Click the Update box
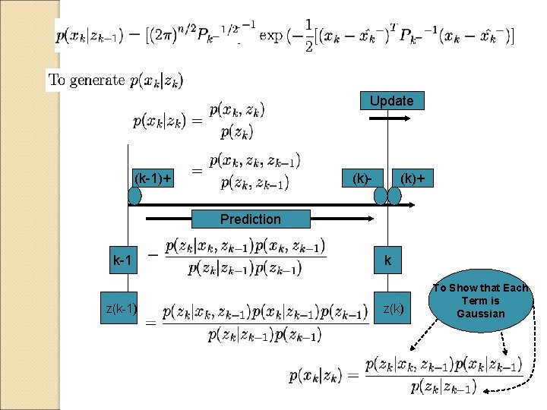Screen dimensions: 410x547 (391, 101)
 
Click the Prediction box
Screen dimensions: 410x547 (250, 219)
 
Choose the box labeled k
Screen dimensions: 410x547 (387, 261)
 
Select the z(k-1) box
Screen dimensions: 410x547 (122, 308)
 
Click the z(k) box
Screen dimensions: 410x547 (393, 308)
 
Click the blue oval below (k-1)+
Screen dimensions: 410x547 (134, 196)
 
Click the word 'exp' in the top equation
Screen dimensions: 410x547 (271, 35)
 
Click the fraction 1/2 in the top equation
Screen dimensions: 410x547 (308, 36)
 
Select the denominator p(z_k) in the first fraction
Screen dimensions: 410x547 (237, 132)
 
